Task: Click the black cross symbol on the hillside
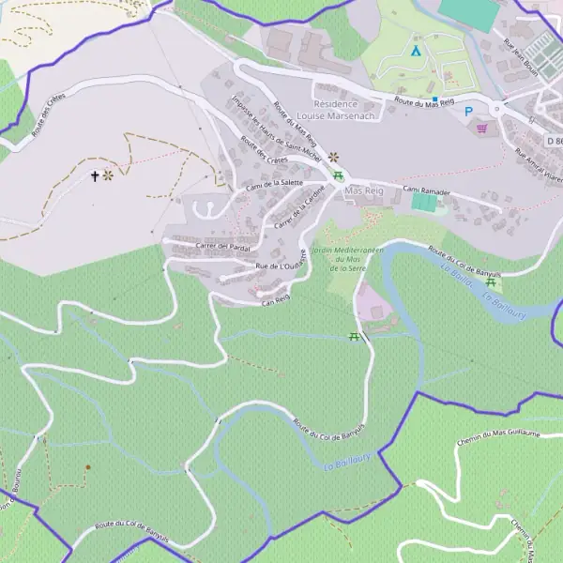click(x=94, y=175)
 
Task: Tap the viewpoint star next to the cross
click(x=108, y=175)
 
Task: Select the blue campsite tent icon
click(x=417, y=49)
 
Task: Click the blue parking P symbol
click(x=468, y=112)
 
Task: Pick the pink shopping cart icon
click(x=483, y=128)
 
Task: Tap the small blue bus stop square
click(x=435, y=98)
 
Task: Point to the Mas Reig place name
click(x=366, y=191)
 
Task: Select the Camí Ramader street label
click(x=427, y=190)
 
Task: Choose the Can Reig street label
click(x=276, y=300)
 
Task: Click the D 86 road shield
click(x=554, y=141)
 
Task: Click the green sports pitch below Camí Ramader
click(x=424, y=202)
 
